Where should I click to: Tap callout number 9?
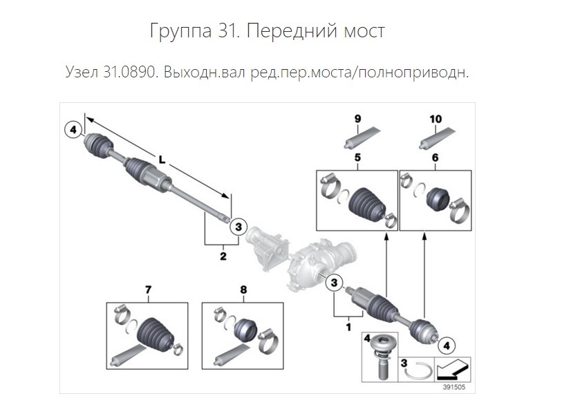(357, 120)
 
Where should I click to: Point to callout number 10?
(435, 120)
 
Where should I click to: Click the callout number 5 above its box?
(357, 158)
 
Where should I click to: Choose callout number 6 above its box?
(435, 158)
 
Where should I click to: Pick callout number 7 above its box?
(147, 290)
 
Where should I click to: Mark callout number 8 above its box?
(243, 290)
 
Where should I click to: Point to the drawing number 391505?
(453, 387)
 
